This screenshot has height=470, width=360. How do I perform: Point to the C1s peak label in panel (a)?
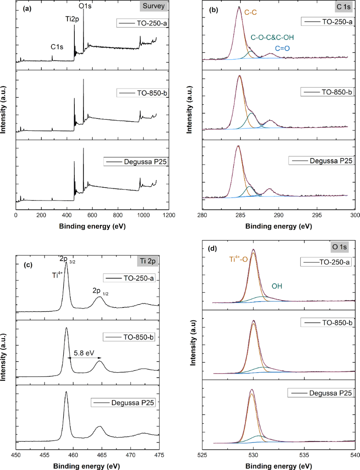(57, 46)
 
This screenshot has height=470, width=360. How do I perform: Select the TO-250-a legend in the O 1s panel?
(324, 262)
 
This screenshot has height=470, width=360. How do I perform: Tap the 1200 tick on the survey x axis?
(169, 214)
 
